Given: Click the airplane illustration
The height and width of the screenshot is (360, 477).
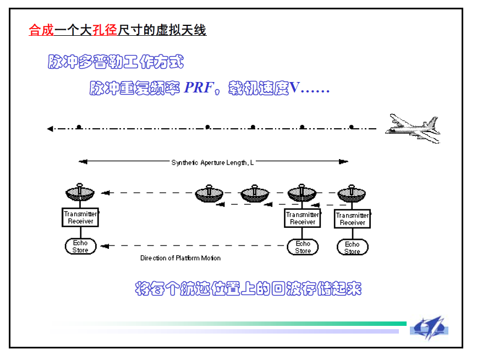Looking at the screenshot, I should [413, 128].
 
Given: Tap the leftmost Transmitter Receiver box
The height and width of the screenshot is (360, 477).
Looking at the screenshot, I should [80, 217].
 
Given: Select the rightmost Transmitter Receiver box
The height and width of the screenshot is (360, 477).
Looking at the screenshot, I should [352, 219].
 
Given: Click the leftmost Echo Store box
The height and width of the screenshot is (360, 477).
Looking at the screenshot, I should [80, 247].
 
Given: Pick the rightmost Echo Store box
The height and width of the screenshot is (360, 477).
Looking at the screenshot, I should [352, 248].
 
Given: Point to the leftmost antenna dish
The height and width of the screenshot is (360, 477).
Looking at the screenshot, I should [80, 193].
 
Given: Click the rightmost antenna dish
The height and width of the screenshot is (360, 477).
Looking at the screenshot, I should [352, 194].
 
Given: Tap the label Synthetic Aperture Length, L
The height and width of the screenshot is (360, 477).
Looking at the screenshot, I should [212, 162].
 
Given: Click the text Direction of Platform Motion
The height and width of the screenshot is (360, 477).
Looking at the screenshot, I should [180, 258].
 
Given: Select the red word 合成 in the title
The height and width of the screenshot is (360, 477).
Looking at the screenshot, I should [41, 30].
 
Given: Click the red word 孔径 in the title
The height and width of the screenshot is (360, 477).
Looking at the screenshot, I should [106, 30].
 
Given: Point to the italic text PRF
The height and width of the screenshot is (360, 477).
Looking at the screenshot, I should [198, 88].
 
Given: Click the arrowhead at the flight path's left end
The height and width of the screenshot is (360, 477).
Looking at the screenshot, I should [50, 129].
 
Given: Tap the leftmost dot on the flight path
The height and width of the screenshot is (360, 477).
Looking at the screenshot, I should [79, 127].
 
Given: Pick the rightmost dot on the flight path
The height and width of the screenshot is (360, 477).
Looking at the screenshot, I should [352, 127].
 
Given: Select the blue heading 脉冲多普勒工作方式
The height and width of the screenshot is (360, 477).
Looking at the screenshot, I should [116, 62].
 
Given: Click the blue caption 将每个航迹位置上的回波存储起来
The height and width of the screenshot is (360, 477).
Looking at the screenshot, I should [248, 288].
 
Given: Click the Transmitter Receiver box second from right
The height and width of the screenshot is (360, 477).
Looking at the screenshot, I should [303, 218].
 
